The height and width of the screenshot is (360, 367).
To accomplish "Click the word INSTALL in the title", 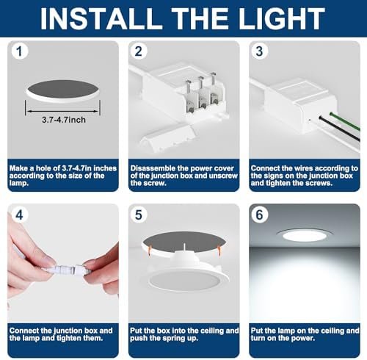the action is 101,19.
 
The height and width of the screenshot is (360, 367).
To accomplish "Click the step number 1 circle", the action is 19,51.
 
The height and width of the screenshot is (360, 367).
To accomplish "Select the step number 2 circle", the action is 139,51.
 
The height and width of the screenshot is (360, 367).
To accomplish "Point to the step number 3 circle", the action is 259,51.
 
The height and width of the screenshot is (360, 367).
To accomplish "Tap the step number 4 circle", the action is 19,215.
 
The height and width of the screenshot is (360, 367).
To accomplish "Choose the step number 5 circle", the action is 139,215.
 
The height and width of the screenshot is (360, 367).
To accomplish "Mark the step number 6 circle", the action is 259,215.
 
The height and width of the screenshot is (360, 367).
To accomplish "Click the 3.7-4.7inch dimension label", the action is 64,120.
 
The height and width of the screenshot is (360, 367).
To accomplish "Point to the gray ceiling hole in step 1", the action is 62,89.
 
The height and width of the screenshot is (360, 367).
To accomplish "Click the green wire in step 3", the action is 345,121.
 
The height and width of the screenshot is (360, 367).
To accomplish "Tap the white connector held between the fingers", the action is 67,269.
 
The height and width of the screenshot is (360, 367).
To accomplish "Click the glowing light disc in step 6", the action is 305,236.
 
